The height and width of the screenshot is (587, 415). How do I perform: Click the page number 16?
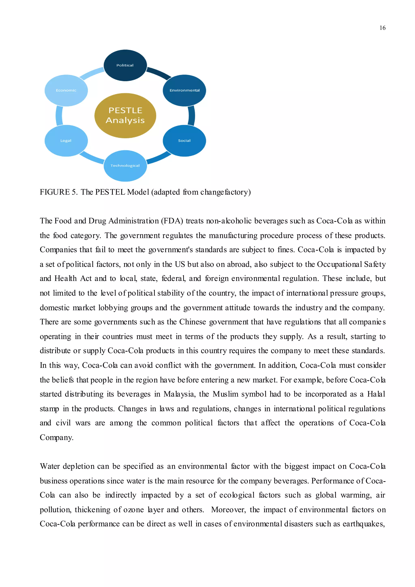382,28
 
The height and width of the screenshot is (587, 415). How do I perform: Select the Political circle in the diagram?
125,65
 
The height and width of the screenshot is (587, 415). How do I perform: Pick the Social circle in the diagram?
184,141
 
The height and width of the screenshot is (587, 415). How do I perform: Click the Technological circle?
125,166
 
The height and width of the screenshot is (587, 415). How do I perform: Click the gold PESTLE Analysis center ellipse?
125,116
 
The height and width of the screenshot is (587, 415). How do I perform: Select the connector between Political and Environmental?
159,73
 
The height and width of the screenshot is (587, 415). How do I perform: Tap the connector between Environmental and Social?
192,116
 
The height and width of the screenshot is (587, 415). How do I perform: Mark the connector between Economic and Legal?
59,116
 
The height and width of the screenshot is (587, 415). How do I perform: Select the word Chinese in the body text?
192,322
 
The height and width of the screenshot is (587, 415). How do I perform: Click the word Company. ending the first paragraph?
57,437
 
